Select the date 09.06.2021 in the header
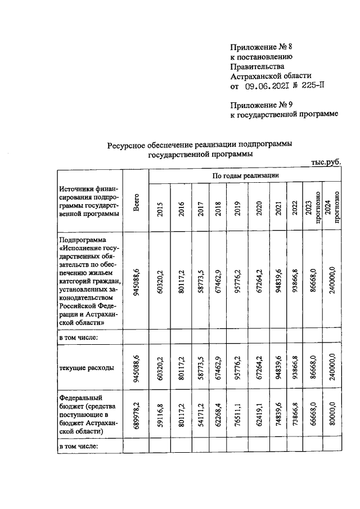[x=268, y=86]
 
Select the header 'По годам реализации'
[x=245, y=175]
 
